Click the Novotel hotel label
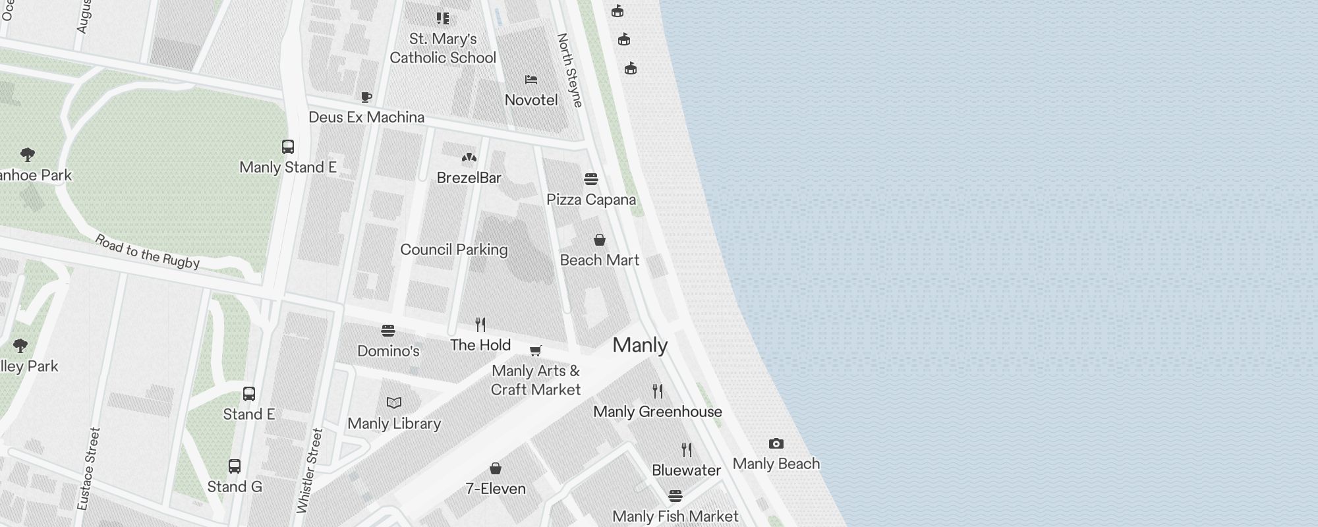[x=531, y=100]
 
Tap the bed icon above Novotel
[x=531, y=80]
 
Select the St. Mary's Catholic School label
[x=443, y=48]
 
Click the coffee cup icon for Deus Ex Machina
[x=366, y=97]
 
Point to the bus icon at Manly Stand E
[x=288, y=147]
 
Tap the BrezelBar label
[x=469, y=178]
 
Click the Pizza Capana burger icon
[x=591, y=179]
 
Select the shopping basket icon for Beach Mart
[x=600, y=240]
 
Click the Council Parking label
[x=454, y=250]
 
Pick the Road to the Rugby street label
[x=148, y=252]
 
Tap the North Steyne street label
[x=570, y=70]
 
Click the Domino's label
[x=388, y=351]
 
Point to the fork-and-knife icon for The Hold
[x=480, y=325]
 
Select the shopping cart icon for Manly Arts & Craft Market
[x=536, y=350]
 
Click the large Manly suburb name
[x=640, y=345]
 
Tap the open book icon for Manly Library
[x=394, y=403]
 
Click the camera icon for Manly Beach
[x=776, y=444]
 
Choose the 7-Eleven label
[x=496, y=489]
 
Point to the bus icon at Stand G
[x=235, y=466]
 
